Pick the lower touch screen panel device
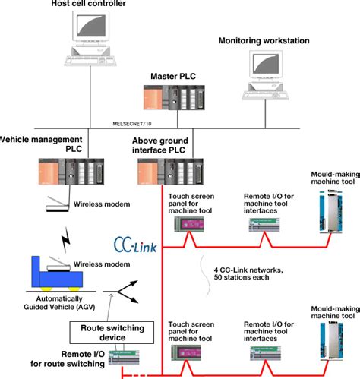[188, 351]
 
